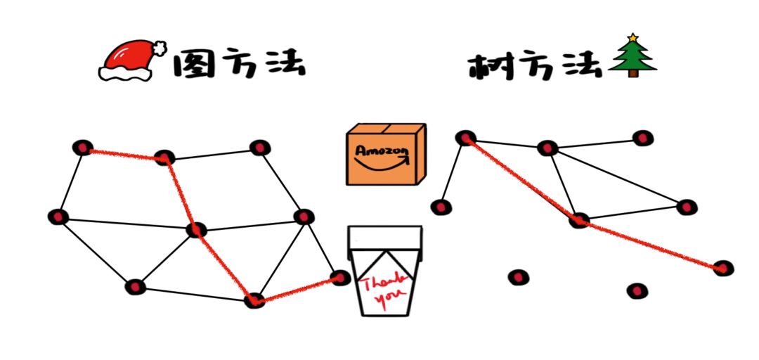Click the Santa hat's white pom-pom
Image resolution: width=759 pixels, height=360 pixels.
[x=161, y=49]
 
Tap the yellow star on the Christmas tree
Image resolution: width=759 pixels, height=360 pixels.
[x=632, y=37]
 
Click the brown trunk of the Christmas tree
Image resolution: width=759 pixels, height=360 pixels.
[x=632, y=72]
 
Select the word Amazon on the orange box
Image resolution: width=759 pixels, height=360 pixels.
[x=381, y=151]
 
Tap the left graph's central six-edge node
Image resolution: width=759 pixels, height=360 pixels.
[x=197, y=229]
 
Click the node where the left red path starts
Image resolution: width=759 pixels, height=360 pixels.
[x=83, y=148]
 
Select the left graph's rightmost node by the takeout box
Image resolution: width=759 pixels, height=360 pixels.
[x=340, y=278]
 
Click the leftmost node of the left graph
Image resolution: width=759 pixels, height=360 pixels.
[x=58, y=217]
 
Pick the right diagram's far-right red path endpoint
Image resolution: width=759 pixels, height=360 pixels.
[x=722, y=268]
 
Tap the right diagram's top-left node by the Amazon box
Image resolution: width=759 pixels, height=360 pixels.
[x=465, y=138]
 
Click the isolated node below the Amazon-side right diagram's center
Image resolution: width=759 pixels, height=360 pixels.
[x=518, y=278]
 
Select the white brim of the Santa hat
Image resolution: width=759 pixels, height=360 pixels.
[x=126, y=72]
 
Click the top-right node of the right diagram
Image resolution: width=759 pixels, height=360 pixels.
[x=642, y=138]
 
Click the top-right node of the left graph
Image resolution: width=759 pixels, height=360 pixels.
[x=260, y=148]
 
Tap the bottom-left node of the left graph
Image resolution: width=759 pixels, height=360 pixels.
[x=135, y=287]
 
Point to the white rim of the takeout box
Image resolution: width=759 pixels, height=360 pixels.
[x=385, y=236]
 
